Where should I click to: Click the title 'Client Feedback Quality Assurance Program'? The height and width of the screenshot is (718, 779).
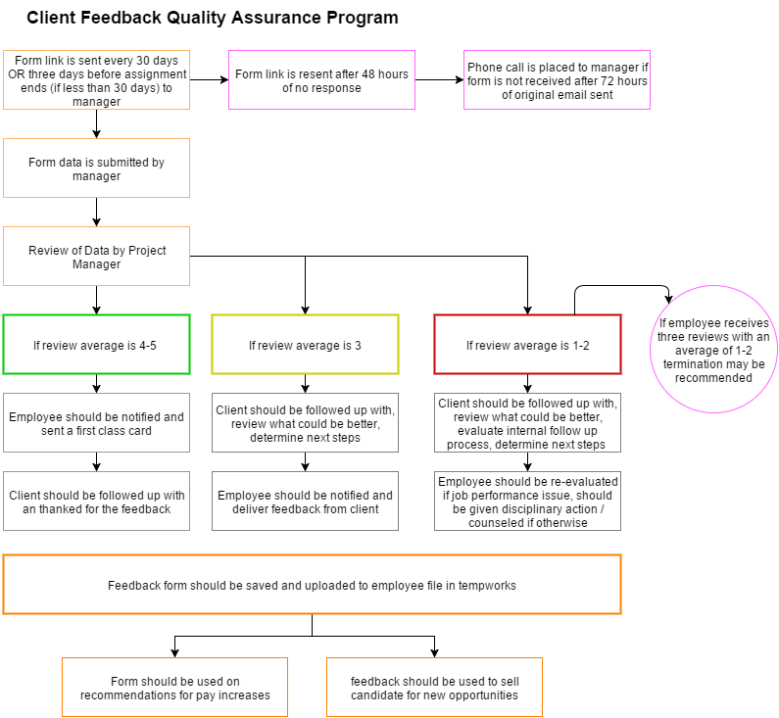212,18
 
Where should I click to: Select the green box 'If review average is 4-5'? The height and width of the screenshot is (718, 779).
96,344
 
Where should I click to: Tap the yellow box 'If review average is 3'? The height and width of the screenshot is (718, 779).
305,344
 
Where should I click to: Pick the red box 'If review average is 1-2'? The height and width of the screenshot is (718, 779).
527,344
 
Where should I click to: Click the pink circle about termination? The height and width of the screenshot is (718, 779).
713,349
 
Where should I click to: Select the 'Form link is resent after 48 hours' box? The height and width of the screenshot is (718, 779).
321,80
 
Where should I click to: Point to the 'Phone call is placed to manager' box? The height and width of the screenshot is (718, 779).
557,80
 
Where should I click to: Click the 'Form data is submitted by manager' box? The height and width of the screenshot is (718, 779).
96,168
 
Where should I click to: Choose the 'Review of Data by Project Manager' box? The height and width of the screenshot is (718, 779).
96,257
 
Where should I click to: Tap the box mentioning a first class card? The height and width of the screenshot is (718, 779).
96,423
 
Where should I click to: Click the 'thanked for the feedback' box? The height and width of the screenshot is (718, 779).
96,501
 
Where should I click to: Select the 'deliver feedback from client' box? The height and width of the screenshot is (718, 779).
305,501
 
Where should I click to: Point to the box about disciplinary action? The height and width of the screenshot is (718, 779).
527,501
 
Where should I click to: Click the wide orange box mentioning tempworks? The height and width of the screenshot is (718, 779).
312,585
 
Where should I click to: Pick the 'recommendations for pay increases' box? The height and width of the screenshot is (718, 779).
174,688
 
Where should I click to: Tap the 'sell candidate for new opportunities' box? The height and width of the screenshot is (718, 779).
435,688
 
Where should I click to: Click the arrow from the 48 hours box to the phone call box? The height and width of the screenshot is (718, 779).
439,79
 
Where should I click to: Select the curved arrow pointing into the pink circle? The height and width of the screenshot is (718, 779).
621,286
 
